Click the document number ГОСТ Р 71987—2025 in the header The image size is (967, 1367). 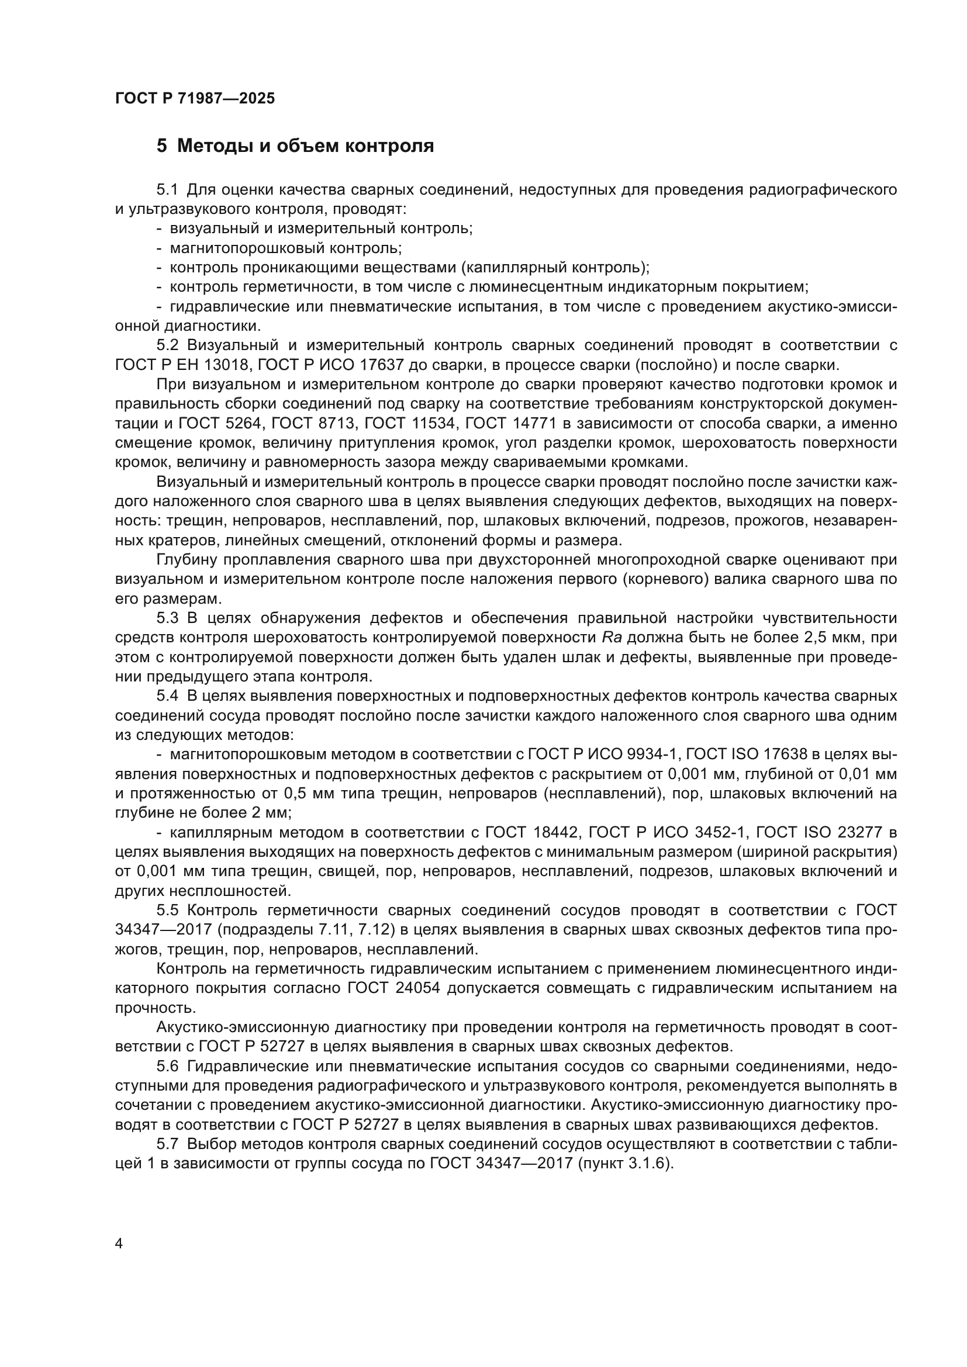195,98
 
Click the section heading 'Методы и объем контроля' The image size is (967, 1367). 305,146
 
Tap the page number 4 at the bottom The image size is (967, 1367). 119,1244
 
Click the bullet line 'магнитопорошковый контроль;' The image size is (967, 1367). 286,248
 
